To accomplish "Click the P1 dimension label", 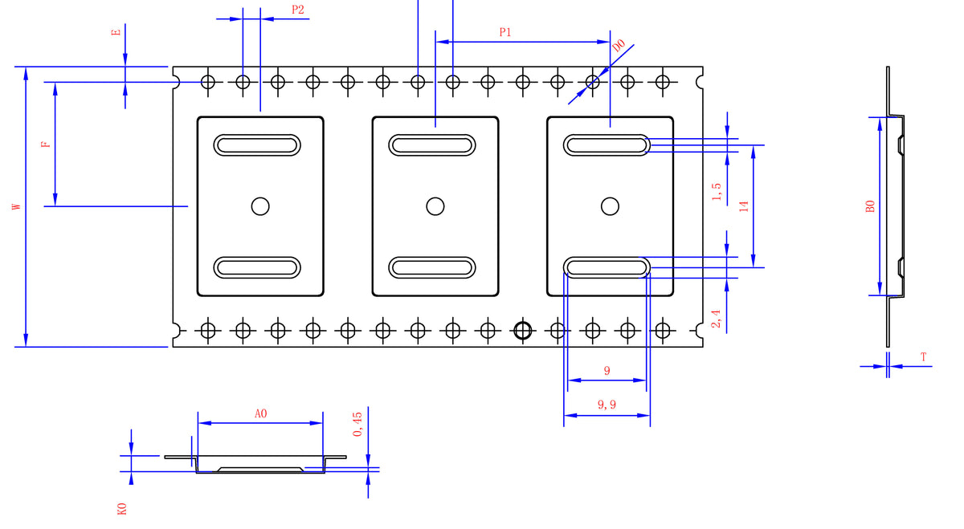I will click(x=505, y=32).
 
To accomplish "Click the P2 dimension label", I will click(x=298, y=10).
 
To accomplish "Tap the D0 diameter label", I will click(x=619, y=47).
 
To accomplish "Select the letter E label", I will click(x=116, y=32).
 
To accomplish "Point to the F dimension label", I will click(x=46, y=144).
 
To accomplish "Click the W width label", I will click(x=17, y=206).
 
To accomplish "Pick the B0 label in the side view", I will click(x=870, y=206).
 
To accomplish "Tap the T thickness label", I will click(x=924, y=356).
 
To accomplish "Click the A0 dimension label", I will click(x=260, y=413).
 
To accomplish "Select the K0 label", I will click(x=122, y=508).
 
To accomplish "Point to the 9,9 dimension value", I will click(x=607, y=405).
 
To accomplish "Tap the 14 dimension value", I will click(x=744, y=205).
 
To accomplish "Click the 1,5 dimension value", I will click(x=717, y=192).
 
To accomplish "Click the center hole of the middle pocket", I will click(x=435, y=206).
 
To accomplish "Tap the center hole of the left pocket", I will click(x=260, y=206).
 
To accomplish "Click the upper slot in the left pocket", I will click(x=257, y=144).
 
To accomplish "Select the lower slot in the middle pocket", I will click(x=432, y=267).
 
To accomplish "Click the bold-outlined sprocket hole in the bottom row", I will click(x=523, y=329).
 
